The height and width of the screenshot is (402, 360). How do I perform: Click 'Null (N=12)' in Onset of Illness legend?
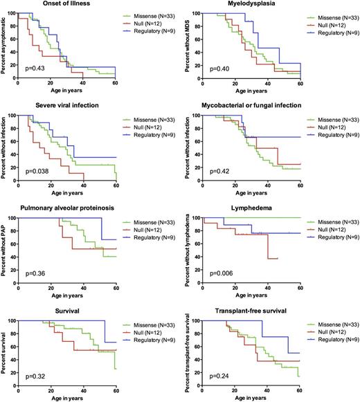point(143,23)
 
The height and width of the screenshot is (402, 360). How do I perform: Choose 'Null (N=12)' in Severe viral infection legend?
point(143,125)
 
